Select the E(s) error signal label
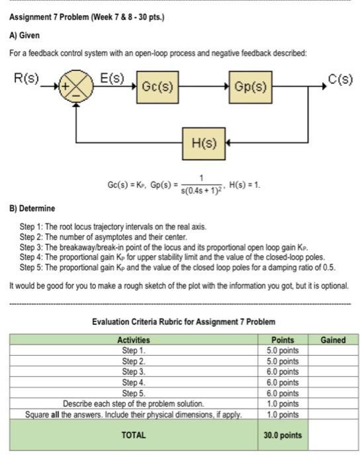[x=111, y=78]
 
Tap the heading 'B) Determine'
[x=32, y=209]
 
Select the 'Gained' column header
[x=333, y=340]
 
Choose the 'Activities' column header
[x=134, y=340]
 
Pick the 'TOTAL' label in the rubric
[x=134, y=435]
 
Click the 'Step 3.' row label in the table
[x=134, y=371]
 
